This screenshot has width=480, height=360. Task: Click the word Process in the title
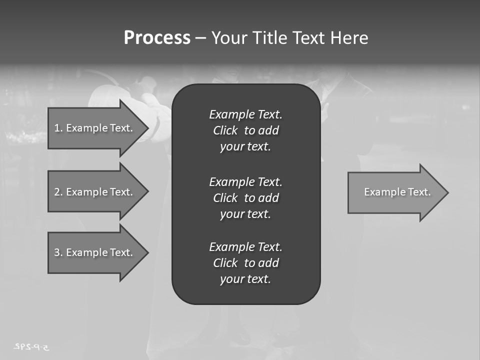point(157,38)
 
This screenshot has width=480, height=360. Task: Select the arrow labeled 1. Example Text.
point(95,128)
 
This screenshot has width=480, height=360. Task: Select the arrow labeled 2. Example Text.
point(95,192)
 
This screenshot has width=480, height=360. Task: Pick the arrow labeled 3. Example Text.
point(95,252)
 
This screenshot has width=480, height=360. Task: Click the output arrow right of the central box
point(395,192)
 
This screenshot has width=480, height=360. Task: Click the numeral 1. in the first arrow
point(58,128)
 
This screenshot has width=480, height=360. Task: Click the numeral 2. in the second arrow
point(58,192)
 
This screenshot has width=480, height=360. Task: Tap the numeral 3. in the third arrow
point(58,252)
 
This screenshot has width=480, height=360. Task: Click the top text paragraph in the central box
point(245,130)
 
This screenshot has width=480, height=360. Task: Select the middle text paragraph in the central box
point(245,197)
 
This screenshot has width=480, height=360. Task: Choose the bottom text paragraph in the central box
point(245,263)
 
